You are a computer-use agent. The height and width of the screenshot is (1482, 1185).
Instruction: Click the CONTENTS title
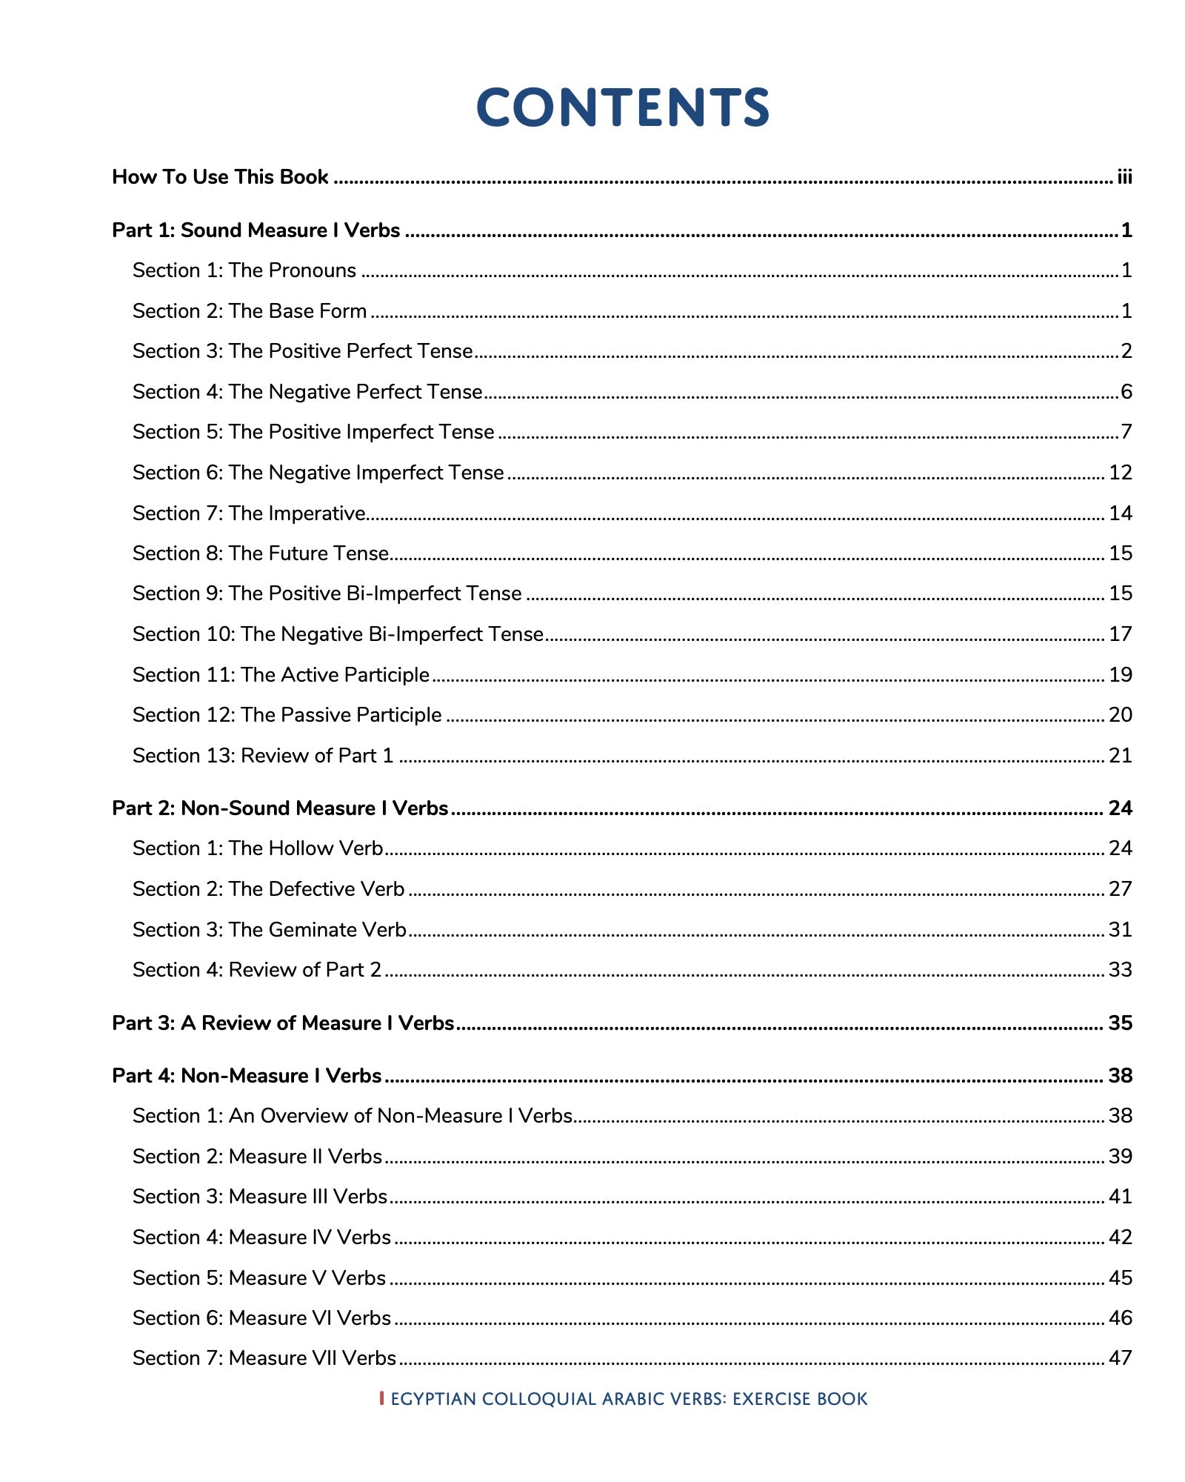622,107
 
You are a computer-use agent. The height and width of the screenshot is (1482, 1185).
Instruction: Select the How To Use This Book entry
220,177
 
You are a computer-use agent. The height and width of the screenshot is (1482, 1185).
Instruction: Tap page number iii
1124,177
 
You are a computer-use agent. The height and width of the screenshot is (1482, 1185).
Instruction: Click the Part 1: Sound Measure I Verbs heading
256,230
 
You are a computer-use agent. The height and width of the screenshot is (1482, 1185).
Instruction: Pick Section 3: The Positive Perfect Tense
302,351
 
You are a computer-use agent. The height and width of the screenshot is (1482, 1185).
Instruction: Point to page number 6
1126,391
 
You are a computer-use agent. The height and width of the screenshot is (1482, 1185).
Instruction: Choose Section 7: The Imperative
249,513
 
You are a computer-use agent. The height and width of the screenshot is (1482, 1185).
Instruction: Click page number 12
1121,472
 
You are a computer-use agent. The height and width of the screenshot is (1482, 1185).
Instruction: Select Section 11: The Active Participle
281,674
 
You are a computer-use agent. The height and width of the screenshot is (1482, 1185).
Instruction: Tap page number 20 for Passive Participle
1121,715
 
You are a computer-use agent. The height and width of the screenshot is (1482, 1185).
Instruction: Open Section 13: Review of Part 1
262,755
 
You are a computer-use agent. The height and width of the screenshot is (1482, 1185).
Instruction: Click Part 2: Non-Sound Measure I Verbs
280,808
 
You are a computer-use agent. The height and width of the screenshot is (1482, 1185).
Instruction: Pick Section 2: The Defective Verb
268,888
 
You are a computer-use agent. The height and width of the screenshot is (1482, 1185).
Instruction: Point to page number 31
1121,929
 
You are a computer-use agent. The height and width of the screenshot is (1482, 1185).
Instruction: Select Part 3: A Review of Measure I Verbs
283,1023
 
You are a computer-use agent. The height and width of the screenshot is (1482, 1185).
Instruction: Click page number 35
1121,1023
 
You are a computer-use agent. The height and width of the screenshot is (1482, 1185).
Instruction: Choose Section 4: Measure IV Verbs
261,1237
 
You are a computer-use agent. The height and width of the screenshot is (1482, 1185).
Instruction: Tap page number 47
1121,1358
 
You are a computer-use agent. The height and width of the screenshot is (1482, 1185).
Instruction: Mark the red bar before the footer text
381,1398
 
